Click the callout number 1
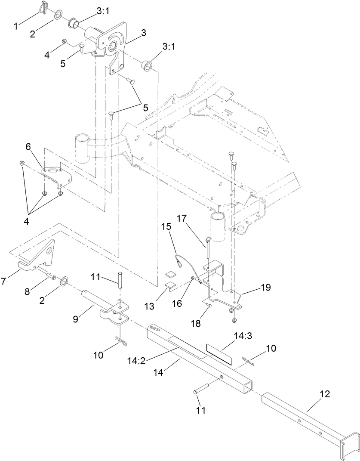tap(16, 27)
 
